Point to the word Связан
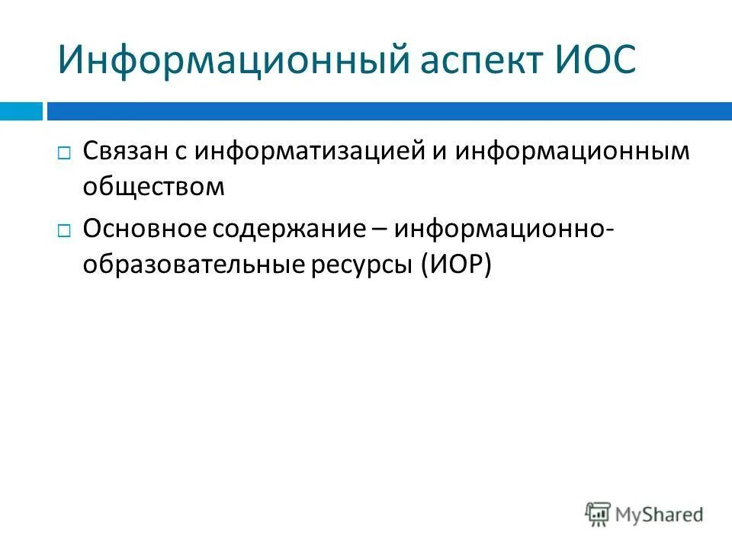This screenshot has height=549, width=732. (125, 151)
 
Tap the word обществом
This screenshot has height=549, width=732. (154, 188)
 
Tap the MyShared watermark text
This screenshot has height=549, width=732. (660, 515)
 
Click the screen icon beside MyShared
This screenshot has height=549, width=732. (599, 514)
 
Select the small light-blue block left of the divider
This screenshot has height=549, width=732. (21, 111)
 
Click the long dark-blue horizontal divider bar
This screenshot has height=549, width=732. (389, 111)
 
